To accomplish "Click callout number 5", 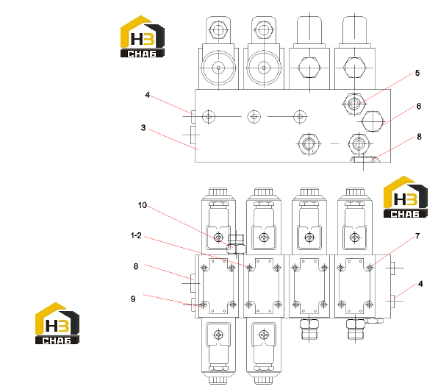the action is [x=417, y=73].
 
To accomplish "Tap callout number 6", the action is [x=418, y=106].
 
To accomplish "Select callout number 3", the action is [x=143, y=128].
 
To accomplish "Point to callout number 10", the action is [x=142, y=205].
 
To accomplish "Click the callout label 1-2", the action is [x=136, y=235].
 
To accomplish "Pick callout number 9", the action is [x=133, y=299].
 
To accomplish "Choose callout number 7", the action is [x=417, y=236].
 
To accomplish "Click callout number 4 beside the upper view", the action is [x=147, y=95].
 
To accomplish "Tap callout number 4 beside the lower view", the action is [x=420, y=284].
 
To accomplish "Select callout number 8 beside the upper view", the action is [x=419, y=137].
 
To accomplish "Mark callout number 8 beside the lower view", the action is [x=136, y=266].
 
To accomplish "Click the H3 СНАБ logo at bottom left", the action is [x=57, y=323].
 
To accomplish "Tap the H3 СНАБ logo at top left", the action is [x=142, y=37].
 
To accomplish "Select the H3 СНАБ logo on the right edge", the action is [x=406, y=197].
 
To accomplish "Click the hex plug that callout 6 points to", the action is [x=372, y=121].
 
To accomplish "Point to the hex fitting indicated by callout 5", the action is [x=354, y=104].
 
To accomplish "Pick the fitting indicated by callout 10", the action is [x=237, y=244].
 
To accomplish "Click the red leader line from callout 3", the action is [x=173, y=140].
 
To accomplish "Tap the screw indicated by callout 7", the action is [x=370, y=268].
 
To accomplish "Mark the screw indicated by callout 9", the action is [x=204, y=304].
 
